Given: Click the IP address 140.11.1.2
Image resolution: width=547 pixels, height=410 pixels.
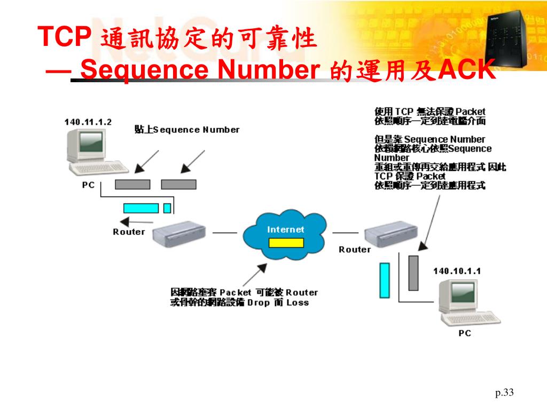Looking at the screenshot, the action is click(88, 122).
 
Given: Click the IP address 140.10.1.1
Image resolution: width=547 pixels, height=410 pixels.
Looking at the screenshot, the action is click(457, 271).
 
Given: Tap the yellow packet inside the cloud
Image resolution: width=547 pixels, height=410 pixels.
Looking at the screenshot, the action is click(286, 243).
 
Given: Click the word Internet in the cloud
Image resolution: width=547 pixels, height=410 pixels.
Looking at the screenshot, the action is click(286, 230).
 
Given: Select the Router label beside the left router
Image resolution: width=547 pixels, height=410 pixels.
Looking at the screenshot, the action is click(129, 232).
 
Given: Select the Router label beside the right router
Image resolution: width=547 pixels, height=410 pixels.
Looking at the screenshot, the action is click(355, 249).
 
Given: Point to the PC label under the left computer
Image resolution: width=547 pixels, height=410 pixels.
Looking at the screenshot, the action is click(88, 185).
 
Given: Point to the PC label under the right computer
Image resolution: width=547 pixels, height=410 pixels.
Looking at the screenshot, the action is click(465, 333).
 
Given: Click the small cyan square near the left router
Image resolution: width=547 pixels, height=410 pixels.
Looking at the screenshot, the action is click(167, 208).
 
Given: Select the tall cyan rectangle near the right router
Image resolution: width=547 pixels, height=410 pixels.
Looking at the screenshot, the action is click(385, 280).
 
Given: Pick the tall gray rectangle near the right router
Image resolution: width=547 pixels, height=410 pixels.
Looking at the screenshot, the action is click(413, 273).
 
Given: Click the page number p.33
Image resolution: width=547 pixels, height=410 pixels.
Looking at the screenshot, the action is click(504, 393).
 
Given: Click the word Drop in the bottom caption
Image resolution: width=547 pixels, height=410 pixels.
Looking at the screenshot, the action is click(259, 303).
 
